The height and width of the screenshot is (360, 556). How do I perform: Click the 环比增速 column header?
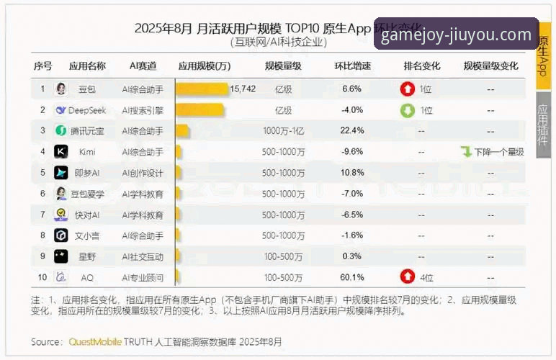[352, 66]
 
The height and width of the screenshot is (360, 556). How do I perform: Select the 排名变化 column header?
[421, 66]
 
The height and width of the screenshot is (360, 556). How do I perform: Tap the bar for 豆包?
[202, 89]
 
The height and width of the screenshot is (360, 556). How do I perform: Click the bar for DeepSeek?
[199, 110]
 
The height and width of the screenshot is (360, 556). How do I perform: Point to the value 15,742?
[243, 89]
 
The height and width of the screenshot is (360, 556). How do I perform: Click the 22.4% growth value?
[352, 131]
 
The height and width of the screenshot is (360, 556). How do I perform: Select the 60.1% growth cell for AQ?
[352, 277]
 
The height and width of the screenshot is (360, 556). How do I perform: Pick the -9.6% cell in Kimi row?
[352, 152]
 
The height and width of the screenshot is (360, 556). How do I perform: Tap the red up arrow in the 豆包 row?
[408, 89]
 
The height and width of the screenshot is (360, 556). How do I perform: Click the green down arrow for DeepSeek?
[408, 110]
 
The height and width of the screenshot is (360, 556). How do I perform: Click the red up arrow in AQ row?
[408, 277]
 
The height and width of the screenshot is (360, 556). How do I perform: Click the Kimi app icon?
[61, 152]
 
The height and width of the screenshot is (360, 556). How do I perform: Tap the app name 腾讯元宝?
[87, 131]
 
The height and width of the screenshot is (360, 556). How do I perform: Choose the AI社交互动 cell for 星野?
[143, 256]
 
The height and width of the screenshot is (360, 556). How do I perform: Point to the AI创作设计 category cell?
[143, 173]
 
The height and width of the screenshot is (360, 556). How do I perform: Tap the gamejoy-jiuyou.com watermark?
[456, 35]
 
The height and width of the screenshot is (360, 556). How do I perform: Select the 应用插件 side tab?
[543, 125]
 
